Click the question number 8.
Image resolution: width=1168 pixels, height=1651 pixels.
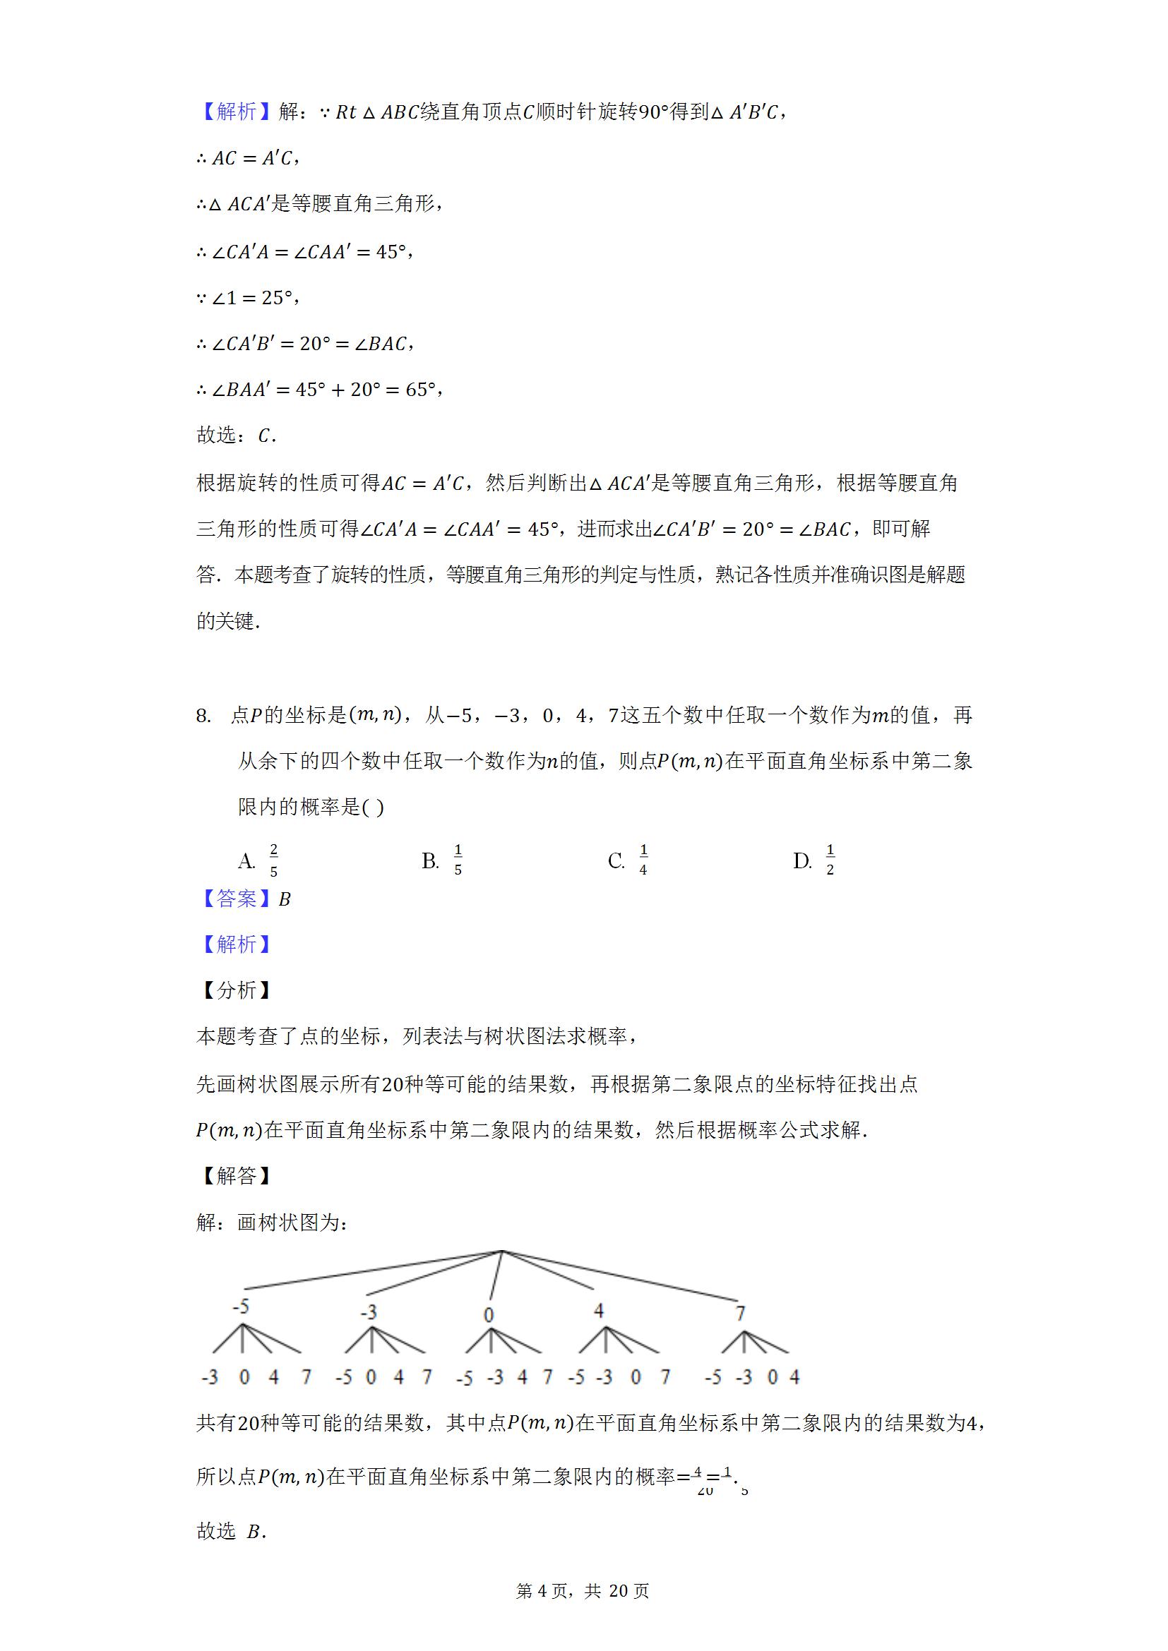(203, 716)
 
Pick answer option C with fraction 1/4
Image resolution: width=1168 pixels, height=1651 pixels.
(628, 860)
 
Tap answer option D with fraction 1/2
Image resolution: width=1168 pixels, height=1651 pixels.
(815, 860)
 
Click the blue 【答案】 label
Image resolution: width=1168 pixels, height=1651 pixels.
(236, 899)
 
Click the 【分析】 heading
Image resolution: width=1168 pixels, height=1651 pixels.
(236, 990)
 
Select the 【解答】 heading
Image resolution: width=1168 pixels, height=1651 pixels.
(236, 1176)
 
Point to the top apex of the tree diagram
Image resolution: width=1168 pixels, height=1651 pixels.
(501, 1251)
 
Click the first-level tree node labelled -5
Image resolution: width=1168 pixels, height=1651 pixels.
(241, 1307)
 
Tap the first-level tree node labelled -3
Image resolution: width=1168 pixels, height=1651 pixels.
(368, 1312)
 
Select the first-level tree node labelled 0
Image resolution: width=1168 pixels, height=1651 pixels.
(489, 1315)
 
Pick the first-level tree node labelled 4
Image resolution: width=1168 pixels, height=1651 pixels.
(598, 1310)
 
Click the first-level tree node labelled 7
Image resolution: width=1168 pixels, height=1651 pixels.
(740, 1314)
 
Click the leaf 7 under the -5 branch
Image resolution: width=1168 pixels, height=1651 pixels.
(306, 1376)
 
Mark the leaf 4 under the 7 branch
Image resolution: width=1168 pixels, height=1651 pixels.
(794, 1376)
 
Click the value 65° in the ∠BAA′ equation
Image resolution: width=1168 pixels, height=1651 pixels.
(421, 389)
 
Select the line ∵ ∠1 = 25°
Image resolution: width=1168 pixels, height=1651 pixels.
(247, 298)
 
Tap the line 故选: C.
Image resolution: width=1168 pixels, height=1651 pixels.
(236, 435)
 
